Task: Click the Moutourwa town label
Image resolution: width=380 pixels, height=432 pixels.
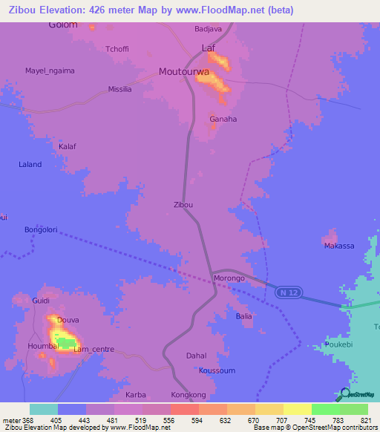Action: (x=183, y=72)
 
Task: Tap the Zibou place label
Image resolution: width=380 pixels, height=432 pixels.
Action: (x=183, y=204)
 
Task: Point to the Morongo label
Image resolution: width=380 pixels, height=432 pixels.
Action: (x=229, y=278)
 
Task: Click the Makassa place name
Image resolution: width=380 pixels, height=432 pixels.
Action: (x=338, y=245)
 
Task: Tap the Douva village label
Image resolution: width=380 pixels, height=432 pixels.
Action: (x=68, y=320)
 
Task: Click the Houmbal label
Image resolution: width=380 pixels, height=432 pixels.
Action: (x=44, y=346)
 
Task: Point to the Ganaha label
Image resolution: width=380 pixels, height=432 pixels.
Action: (x=223, y=119)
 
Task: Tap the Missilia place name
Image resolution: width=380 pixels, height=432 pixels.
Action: (x=119, y=88)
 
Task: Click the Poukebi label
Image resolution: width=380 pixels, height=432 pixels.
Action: (x=340, y=345)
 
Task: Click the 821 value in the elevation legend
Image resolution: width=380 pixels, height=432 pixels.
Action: (x=367, y=419)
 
